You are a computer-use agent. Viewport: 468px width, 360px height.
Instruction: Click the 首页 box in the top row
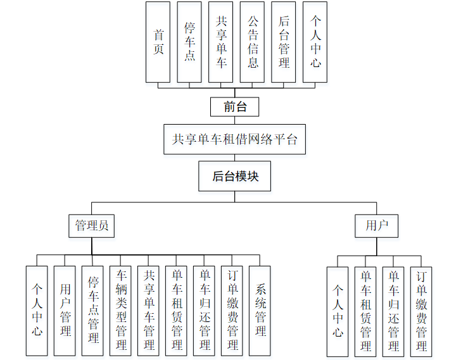158,42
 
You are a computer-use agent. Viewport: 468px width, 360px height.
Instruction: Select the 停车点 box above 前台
189,42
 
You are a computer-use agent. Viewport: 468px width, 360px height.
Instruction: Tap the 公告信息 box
252,42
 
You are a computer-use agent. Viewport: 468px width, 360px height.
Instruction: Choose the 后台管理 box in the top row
283,42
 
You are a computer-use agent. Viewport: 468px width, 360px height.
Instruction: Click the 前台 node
236,106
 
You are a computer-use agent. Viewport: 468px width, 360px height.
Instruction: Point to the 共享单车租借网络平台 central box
234,139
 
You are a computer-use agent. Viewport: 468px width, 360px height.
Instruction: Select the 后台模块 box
236,176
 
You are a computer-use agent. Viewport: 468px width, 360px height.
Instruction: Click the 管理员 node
92,225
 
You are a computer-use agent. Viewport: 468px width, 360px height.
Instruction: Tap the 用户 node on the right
376,225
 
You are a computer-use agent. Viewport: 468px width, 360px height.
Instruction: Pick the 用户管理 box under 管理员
65,310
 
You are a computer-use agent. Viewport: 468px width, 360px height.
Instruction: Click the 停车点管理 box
92,310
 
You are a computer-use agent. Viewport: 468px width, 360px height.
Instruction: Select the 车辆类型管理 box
120,310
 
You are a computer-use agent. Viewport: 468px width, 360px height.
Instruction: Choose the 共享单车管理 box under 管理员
148,310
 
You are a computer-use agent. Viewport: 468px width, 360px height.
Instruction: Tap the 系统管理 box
260,310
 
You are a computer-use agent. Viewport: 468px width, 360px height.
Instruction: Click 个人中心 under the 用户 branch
338,311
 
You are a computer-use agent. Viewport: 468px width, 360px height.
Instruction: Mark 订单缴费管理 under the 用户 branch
421,311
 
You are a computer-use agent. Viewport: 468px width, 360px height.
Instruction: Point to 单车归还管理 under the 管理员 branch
204,310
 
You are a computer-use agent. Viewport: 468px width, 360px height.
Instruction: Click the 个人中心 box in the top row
315,42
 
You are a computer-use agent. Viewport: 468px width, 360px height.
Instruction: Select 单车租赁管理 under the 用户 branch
365,311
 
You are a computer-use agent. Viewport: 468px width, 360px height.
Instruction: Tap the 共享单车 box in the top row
220,42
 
